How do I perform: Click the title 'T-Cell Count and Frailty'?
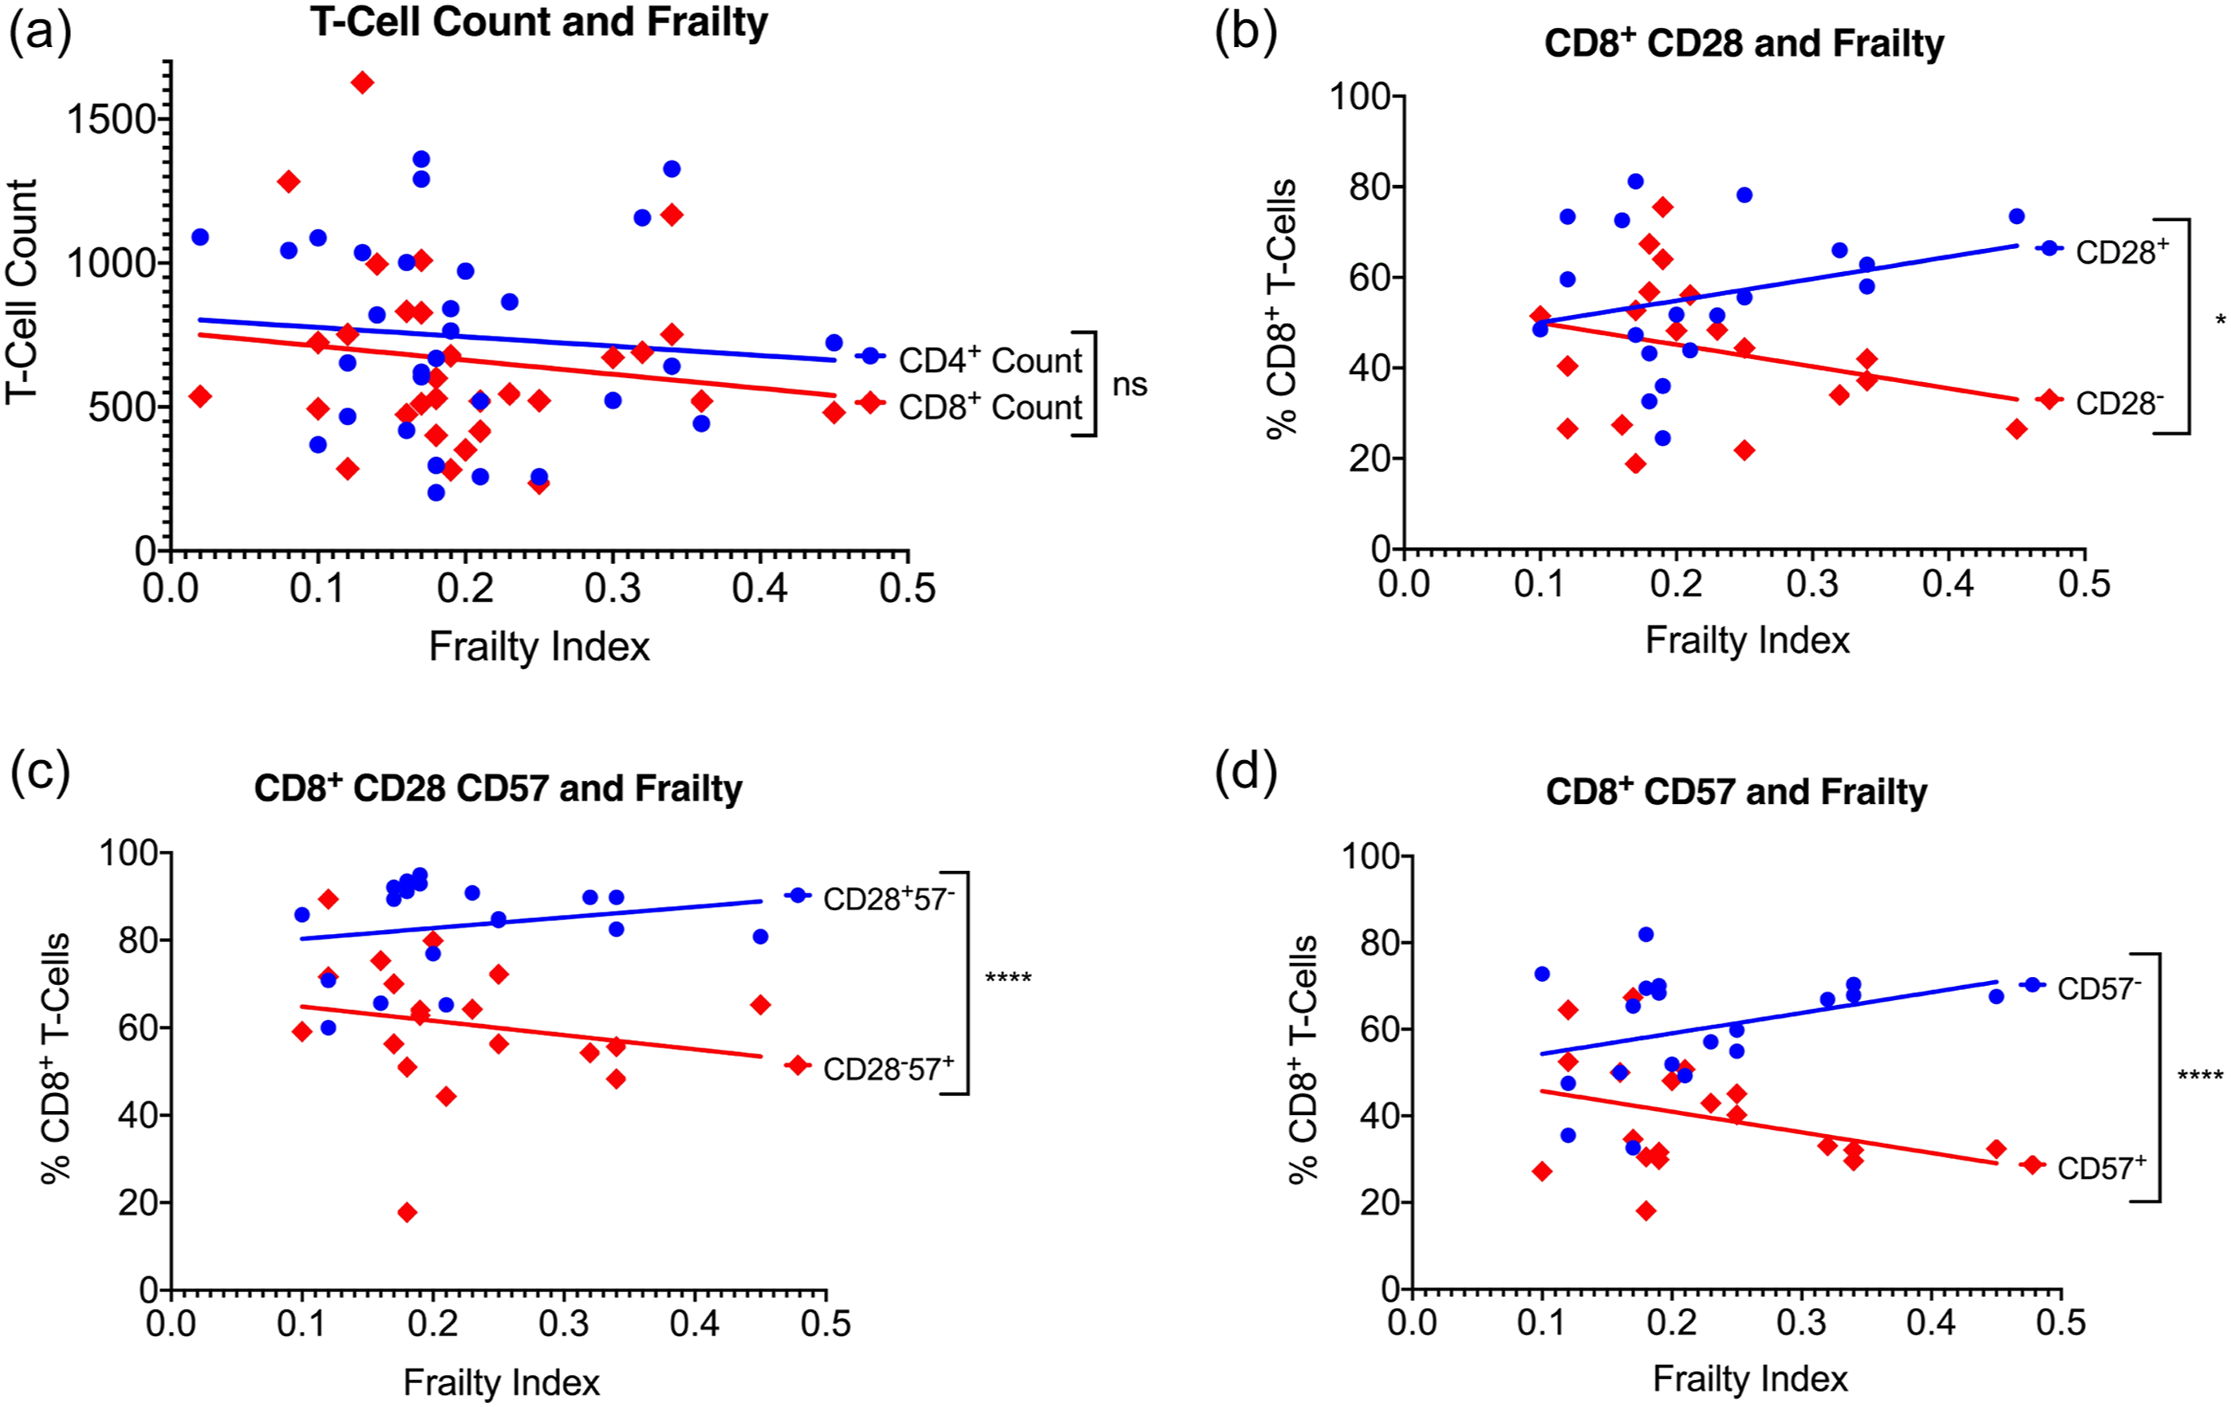pyautogui.click(x=539, y=22)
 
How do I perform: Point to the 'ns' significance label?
pyautogui.click(x=1129, y=384)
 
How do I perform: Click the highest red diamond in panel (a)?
pyautogui.click(x=362, y=82)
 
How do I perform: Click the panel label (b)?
pyautogui.click(x=1245, y=33)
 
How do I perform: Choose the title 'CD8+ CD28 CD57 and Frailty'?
pyautogui.click(x=499, y=788)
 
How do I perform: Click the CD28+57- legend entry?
pyautogui.click(x=870, y=897)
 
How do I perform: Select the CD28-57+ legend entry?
pyautogui.click(x=870, y=1068)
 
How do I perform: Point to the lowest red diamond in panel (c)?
pyautogui.click(x=407, y=1212)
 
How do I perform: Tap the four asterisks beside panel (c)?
pyautogui.click(x=1008, y=978)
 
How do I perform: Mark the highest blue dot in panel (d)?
pyautogui.click(x=1646, y=935)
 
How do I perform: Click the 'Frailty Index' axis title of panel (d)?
pyautogui.click(x=1749, y=1379)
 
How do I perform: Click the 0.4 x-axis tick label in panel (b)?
pyautogui.click(x=1949, y=584)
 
